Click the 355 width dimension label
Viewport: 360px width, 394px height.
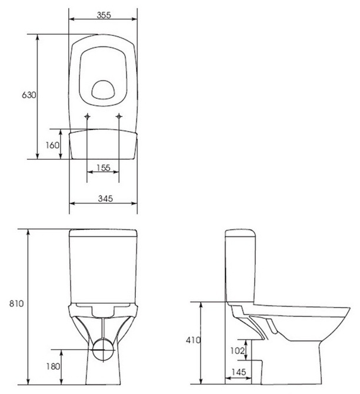click(104, 15)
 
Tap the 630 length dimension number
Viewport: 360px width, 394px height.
click(29, 95)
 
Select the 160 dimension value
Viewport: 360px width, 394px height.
click(52, 145)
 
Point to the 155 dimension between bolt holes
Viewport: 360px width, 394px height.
click(104, 168)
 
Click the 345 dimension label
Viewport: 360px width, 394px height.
click(105, 199)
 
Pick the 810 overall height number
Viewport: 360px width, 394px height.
click(16, 303)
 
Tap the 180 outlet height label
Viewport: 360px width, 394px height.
click(53, 366)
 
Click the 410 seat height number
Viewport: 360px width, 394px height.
click(194, 340)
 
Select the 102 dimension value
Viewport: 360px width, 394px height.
click(237, 350)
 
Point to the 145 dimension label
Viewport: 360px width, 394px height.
click(239, 372)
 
